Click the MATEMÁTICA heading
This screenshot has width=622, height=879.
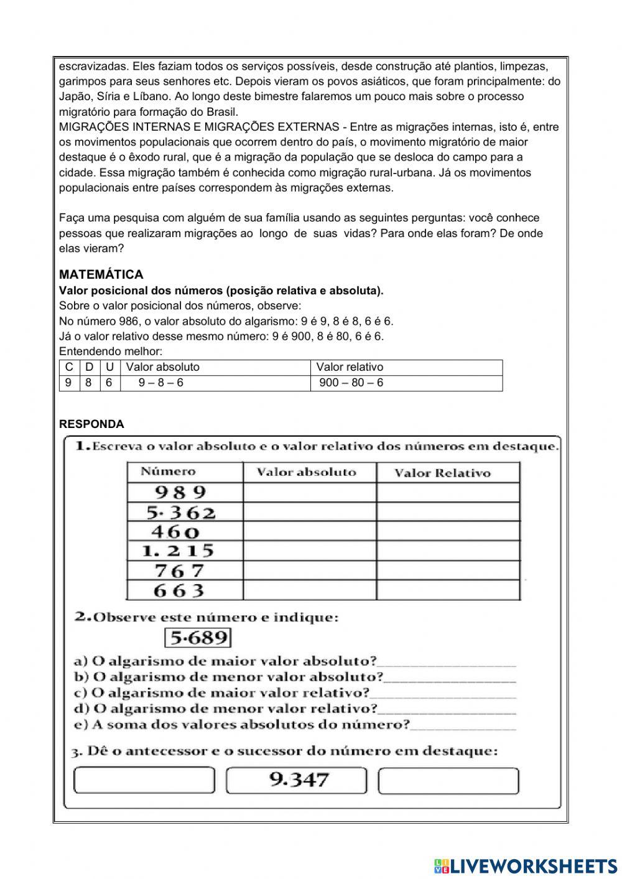tap(101, 274)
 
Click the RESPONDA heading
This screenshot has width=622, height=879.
tap(91, 424)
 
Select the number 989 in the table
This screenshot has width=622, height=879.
tap(180, 492)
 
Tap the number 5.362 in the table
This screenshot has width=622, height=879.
tap(180, 513)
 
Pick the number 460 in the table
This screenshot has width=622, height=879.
tap(175, 532)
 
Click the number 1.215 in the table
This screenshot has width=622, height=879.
tap(178, 551)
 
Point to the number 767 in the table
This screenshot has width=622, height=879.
tap(179, 571)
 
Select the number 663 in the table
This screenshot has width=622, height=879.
tap(179, 591)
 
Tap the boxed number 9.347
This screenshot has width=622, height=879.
tap(299, 780)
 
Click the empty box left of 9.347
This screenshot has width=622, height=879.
tap(144, 780)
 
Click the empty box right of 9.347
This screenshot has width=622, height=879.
tap(448, 780)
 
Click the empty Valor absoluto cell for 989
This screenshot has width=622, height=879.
tap(309, 493)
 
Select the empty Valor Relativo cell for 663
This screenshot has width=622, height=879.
tap(448, 591)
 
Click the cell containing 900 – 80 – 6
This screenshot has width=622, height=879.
tap(351, 383)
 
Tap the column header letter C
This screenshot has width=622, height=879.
tap(69, 367)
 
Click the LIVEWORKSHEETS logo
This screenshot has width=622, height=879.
tap(526, 865)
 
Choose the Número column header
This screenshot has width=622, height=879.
tap(168, 472)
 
